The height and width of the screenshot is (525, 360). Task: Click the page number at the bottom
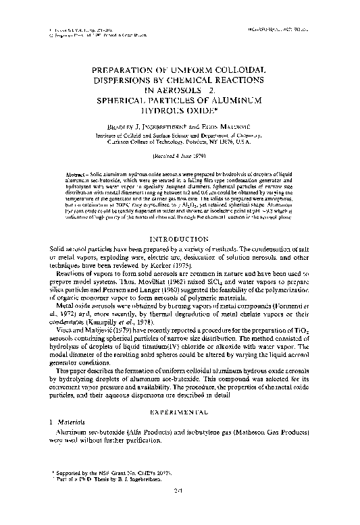(x=180, y=508)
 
